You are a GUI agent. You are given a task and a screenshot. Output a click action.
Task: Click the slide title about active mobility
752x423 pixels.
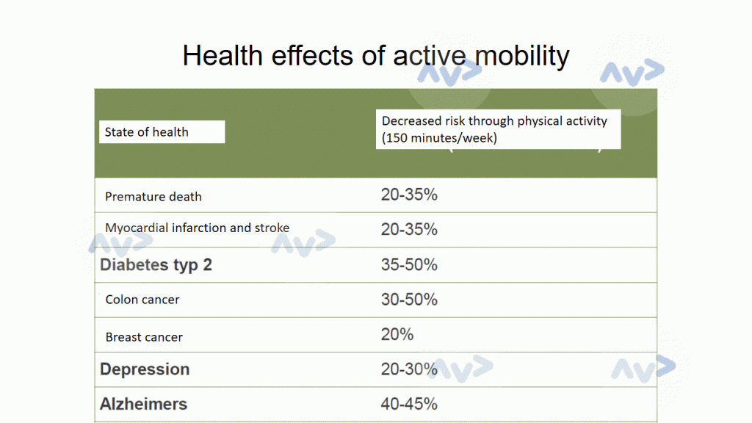pyautogui.click(x=375, y=55)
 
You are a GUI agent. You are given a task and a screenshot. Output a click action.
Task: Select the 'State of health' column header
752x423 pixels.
pyautogui.click(x=147, y=132)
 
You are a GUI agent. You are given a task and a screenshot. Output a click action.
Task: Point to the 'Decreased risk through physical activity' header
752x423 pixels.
pyautogui.click(x=494, y=120)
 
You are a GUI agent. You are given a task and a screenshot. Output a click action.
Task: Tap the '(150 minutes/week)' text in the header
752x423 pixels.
pyautogui.click(x=439, y=137)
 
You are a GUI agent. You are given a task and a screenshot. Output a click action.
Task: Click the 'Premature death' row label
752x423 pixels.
pyautogui.click(x=153, y=197)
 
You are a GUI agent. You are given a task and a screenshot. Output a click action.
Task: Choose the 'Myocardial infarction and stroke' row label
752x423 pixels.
pyautogui.click(x=197, y=228)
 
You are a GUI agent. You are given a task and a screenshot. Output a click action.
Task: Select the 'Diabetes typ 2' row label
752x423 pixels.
pyautogui.click(x=156, y=265)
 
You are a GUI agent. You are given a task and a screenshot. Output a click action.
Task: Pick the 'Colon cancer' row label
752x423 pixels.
pyautogui.click(x=142, y=300)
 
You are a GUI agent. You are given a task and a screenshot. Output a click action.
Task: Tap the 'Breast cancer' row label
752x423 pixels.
pyautogui.click(x=144, y=337)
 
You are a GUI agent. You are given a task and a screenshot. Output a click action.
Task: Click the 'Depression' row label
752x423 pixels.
pyautogui.click(x=145, y=369)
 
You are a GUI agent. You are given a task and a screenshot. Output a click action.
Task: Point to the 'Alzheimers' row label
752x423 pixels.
pyautogui.click(x=143, y=404)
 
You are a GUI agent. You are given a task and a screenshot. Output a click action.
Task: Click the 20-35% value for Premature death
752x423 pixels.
pyautogui.click(x=409, y=195)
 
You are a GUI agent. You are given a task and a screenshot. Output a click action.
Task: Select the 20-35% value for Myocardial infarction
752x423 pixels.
pyautogui.click(x=409, y=229)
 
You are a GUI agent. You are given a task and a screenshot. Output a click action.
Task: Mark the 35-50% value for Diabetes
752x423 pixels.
pyautogui.click(x=409, y=264)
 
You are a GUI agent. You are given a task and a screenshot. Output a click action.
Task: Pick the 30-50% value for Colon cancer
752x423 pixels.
pyautogui.click(x=409, y=300)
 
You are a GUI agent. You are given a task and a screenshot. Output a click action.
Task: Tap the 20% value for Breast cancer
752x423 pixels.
pyautogui.click(x=397, y=334)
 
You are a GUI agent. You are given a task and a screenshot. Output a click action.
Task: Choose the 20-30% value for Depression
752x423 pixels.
pyautogui.click(x=409, y=369)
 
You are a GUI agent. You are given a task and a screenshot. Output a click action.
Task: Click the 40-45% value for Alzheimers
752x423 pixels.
pyautogui.click(x=409, y=404)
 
